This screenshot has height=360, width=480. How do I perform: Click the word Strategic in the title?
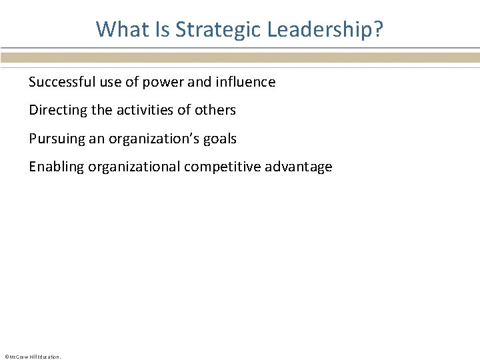[211, 30]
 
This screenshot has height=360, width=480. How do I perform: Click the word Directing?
[55, 110]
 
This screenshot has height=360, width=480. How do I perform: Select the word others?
[215, 110]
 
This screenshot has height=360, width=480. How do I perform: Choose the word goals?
[220, 139]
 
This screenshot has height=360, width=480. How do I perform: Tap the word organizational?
[136, 167]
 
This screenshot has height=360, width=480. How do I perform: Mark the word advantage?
[298, 167]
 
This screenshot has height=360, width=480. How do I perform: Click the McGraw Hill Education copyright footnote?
[32, 357]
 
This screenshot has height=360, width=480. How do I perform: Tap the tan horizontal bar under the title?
[240, 58]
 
